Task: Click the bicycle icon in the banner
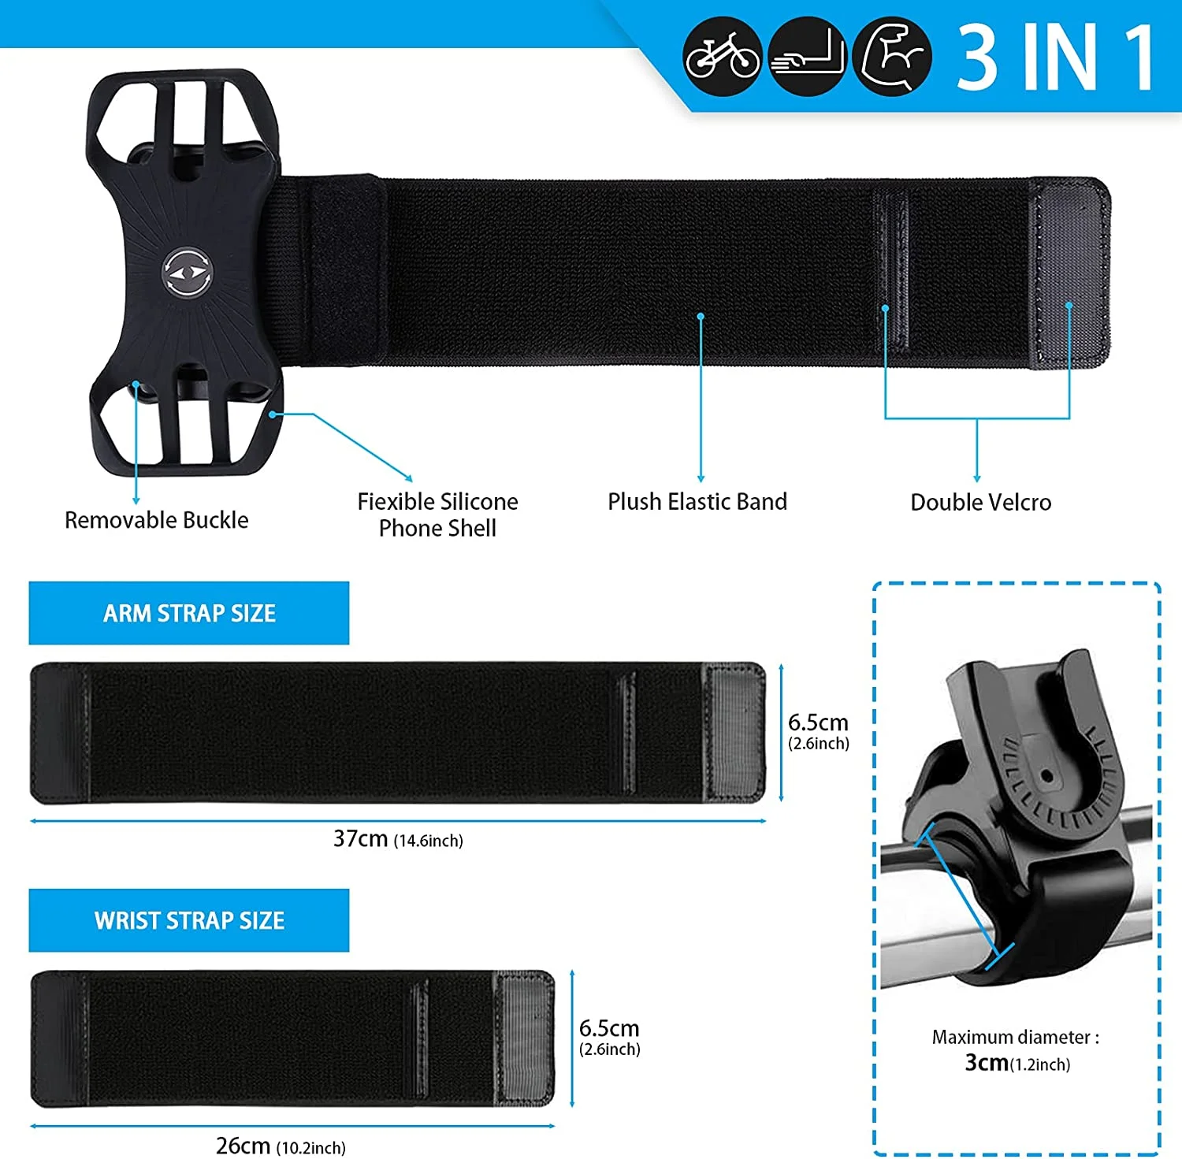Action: coord(722,57)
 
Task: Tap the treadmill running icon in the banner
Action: coord(806,57)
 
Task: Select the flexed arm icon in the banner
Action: coord(892,57)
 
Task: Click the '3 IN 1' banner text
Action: coord(1056,57)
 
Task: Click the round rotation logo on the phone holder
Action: coord(188,273)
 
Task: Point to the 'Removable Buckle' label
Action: coord(156,520)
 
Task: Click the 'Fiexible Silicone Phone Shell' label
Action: coord(437,514)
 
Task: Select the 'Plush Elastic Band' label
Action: coord(697,502)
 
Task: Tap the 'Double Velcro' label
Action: coord(980,503)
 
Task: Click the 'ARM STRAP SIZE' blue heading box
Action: coord(189,613)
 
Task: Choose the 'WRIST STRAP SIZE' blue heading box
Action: coord(189,920)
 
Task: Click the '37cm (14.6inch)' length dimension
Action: coord(398,839)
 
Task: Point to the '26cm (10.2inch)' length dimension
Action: coord(281,1146)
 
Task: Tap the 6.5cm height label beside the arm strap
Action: coord(818,731)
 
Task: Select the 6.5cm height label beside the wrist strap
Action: coord(609,1037)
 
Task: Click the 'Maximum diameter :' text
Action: coord(1015,1037)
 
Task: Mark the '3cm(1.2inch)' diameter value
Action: coord(1017,1063)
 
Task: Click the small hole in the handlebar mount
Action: coord(1047,777)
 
